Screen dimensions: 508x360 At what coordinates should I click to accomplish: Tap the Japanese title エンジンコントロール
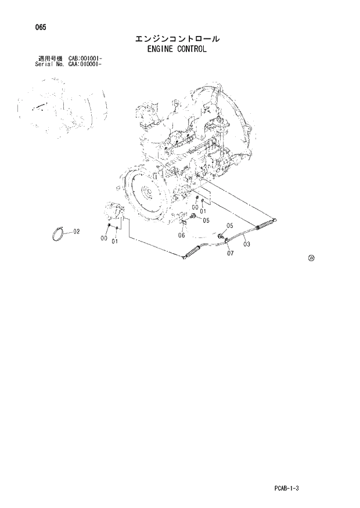point(177,39)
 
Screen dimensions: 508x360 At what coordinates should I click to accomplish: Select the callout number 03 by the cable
point(247,244)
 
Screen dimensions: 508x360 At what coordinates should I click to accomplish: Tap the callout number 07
point(230,253)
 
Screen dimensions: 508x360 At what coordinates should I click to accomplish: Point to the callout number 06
point(181,236)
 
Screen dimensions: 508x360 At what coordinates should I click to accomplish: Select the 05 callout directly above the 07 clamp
point(229,226)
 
